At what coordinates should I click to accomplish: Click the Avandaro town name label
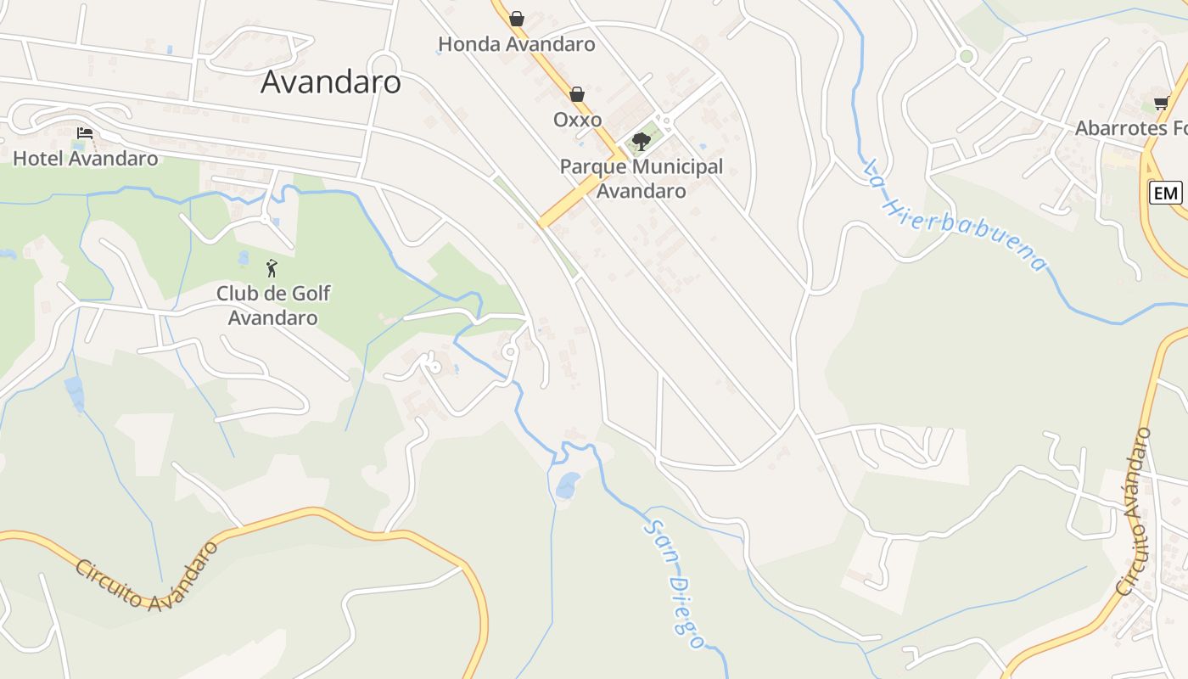pyautogui.click(x=330, y=81)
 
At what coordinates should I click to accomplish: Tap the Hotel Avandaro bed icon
pyautogui.click(x=85, y=133)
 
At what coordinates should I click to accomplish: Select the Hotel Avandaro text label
pyautogui.click(x=85, y=158)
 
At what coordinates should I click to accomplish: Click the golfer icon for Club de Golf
pyautogui.click(x=272, y=268)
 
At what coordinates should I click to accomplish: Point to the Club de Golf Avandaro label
pyautogui.click(x=272, y=306)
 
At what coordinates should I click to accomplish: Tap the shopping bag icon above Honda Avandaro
pyautogui.click(x=517, y=18)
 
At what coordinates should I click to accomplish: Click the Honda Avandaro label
pyautogui.click(x=516, y=44)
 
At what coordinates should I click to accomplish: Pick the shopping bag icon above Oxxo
pyautogui.click(x=577, y=93)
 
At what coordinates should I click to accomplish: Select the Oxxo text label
pyautogui.click(x=577, y=120)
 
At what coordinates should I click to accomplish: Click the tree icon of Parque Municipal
pyautogui.click(x=642, y=141)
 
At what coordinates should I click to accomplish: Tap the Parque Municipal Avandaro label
pyautogui.click(x=642, y=178)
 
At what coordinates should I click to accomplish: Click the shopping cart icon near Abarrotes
pyautogui.click(x=1161, y=104)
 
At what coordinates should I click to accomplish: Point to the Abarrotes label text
pyautogui.click(x=1130, y=128)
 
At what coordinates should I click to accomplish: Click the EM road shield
pyautogui.click(x=1165, y=193)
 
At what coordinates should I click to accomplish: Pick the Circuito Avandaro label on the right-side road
pyautogui.click(x=1134, y=511)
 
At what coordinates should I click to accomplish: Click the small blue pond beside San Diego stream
pyautogui.click(x=567, y=485)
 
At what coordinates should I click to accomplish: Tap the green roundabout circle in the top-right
pyautogui.click(x=966, y=57)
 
